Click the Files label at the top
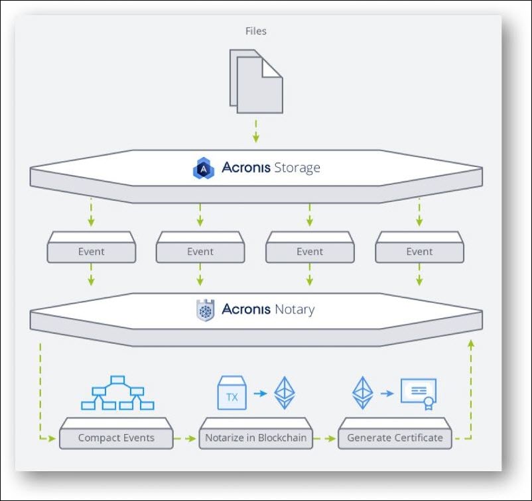[x=255, y=30]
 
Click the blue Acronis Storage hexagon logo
[x=204, y=168]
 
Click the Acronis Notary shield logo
[x=205, y=310]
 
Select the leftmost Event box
[x=91, y=252]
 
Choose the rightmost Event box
[x=419, y=252]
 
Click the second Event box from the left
[x=200, y=252]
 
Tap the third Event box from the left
[x=310, y=252]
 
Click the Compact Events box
[x=116, y=438]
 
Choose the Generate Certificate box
[x=395, y=438]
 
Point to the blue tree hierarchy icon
[x=117, y=392]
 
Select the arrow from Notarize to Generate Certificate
[x=326, y=438]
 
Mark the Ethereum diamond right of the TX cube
[x=285, y=393]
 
